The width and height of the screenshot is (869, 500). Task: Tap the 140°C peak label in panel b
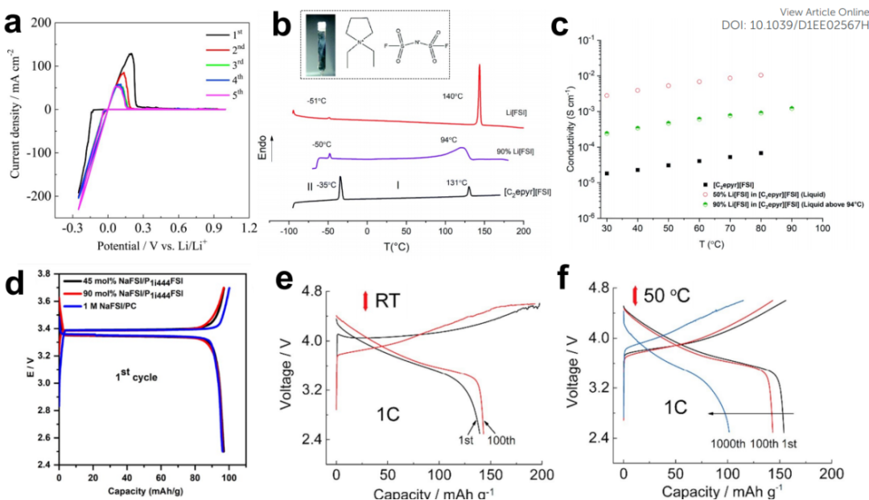[451, 96]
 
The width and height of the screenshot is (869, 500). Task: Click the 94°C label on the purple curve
[447, 138]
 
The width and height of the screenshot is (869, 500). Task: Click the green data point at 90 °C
[792, 109]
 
